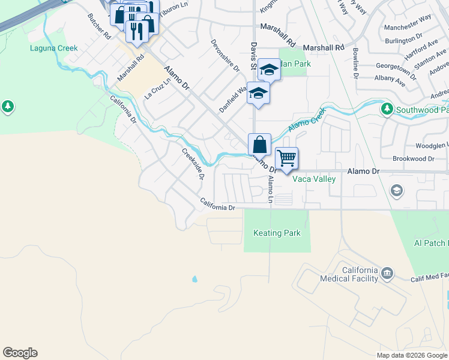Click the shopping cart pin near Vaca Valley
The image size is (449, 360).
286,158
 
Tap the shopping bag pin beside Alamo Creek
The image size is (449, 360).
259,145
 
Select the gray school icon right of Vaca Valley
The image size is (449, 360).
396,191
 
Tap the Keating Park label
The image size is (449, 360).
277,233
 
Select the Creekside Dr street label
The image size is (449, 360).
193,164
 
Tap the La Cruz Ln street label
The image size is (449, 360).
157,89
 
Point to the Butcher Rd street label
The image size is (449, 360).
100,26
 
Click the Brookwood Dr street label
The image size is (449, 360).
413,158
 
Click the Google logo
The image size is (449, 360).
20,353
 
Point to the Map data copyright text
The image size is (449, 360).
412,355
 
